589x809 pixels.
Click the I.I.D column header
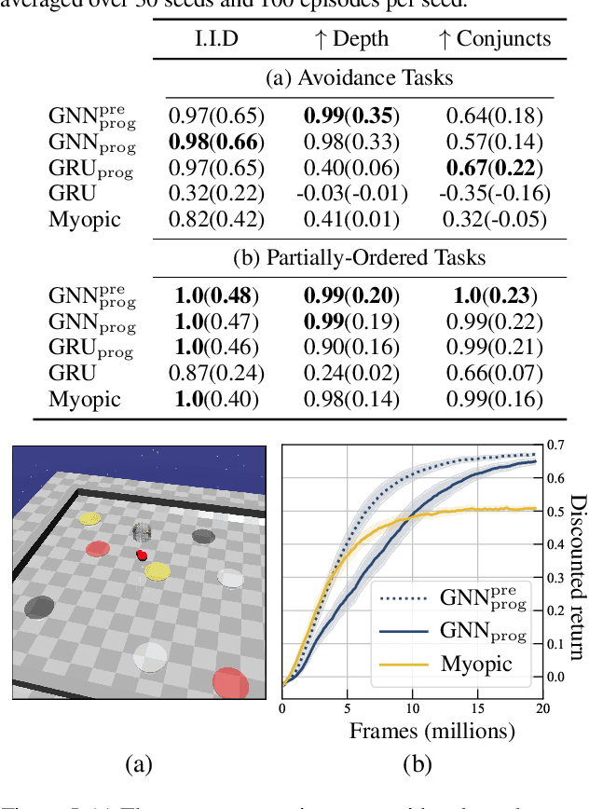(216, 39)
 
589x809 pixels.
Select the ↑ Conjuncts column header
(498, 39)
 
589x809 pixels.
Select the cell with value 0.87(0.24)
(216, 373)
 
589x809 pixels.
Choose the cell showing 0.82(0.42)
(216, 220)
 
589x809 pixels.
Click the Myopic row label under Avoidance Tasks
(85, 220)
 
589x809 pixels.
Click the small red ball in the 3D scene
(142, 555)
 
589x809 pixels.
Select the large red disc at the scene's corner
(230, 682)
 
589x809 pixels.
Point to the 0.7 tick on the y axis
(554, 445)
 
